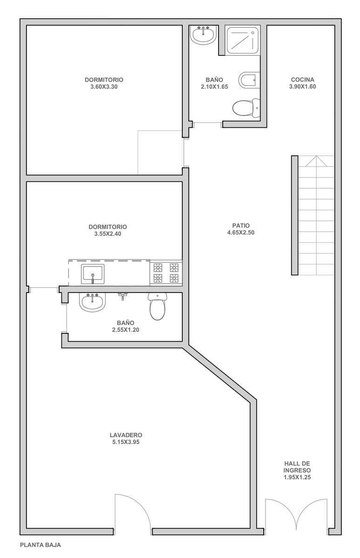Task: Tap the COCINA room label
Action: click(x=302, y=80)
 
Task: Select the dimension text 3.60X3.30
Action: click(x=104, y=86)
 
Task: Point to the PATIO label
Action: click(x=241, y=226)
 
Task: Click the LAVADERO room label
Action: click(x=126, y=435)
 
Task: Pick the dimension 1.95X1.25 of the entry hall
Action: click(x=297, y=477)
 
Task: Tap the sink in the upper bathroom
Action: click(x=203, y=35)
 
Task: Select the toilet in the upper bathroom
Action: click(x=247, y=108)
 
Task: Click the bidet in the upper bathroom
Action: click(x=249, y=80)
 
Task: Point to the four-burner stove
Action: click(x=166, y=273)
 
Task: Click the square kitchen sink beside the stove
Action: click(x=93, y=274)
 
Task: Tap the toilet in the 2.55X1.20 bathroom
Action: click(x=157, y=306)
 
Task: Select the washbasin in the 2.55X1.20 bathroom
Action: click(x=93, y=302)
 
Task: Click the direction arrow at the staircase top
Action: click(x=316, y=161)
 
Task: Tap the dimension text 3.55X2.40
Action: click(x=107, y=233)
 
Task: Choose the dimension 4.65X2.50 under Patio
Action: click(x=241, y=232)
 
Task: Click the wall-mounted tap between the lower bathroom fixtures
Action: click(x=122, y=296)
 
